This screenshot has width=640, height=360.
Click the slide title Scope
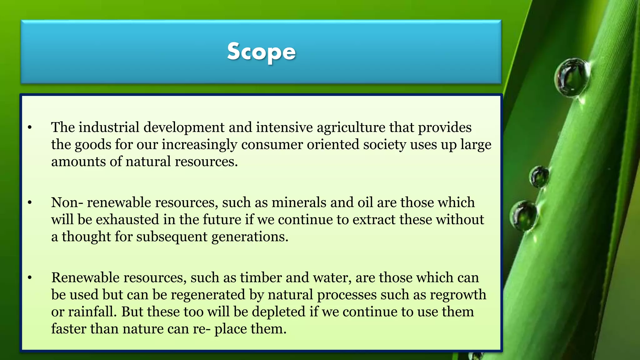click(261, 52)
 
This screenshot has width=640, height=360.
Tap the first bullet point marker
click(30, 127)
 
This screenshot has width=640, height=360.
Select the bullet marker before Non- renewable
click(30, 202)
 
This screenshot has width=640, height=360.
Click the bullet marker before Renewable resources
click(30, 277)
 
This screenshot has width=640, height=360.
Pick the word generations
click(250, 237)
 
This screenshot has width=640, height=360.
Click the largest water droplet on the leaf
click(572, 77)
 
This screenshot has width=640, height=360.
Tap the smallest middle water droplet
click(539, 177)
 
